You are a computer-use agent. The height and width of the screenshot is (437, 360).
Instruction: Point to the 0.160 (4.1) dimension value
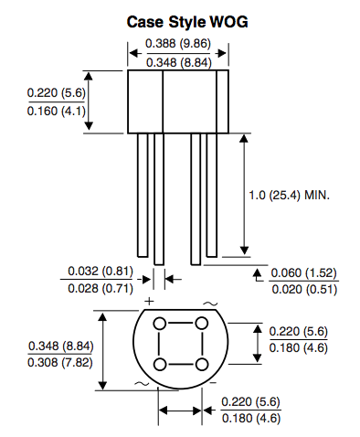(57, 112)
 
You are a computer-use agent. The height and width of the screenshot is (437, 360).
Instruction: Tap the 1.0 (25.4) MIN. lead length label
(289, 196)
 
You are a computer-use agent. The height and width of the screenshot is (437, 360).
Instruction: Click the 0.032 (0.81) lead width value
(101, 272)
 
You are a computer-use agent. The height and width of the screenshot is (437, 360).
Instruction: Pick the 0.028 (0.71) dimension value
(101, 288)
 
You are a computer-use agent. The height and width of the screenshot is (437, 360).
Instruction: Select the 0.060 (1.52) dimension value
(304, 272)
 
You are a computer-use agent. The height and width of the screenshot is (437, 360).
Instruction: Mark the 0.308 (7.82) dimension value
(60, 363)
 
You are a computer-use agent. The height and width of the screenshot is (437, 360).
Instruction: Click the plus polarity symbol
(147, 301)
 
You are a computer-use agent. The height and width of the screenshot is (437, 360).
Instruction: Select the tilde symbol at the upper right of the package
(211, 303)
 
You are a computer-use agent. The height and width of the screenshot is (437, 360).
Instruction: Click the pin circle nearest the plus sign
(160, 324)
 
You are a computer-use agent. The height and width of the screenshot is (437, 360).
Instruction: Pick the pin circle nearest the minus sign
(201, 364)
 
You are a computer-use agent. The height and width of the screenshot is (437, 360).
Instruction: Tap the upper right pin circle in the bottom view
(201, 324)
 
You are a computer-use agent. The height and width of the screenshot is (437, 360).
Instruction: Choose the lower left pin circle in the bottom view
(160, 364)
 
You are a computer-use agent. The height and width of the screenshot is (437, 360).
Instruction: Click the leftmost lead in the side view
(143, 195)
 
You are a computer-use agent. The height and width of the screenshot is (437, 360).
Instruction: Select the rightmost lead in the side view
(211, 195)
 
